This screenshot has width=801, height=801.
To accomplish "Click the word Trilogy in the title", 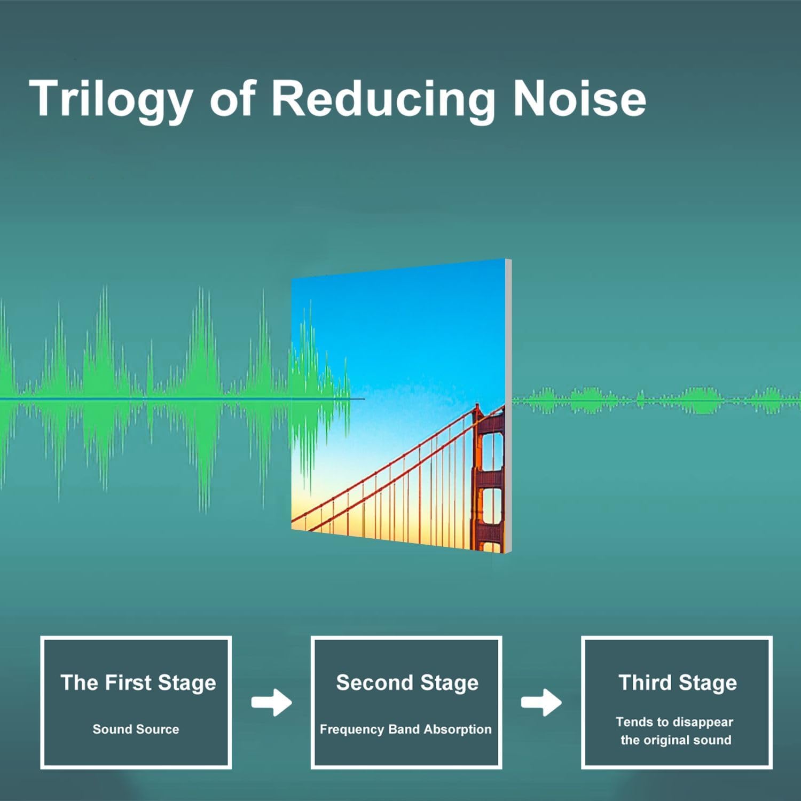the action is point(111,100).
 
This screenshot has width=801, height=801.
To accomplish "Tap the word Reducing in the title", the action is point(383,100).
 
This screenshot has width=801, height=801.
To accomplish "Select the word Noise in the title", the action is point(579,98).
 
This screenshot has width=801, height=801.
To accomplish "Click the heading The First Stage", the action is point(138,683).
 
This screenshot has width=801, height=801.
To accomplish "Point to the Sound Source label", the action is point(136,729).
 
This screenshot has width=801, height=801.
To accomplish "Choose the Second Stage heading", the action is point(407,684).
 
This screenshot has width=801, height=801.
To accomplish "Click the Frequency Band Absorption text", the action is point(405,729).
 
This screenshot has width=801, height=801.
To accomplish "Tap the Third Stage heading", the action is point(678,683).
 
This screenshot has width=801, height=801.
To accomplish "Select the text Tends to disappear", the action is point(674,723).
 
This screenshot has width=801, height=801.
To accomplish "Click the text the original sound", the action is point(676,740).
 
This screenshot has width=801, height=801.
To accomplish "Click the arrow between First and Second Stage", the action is point(272,702).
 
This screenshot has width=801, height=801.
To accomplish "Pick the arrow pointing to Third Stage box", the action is point(541,702).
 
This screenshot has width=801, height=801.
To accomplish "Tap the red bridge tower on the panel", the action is point(488,478).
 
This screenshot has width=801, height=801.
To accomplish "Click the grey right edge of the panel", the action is point(508,406).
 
